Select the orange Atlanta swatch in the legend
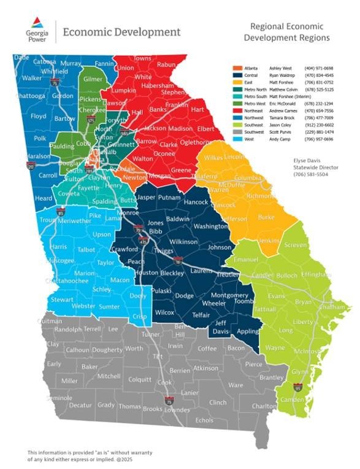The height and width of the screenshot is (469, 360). [237, 66]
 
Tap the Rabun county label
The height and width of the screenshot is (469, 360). [166, 64]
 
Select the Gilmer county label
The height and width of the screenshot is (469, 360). [93, 79]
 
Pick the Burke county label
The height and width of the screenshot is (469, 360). [267, 217]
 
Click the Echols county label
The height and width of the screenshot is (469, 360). [204, 420]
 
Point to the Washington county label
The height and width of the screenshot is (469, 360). [210, 226]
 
